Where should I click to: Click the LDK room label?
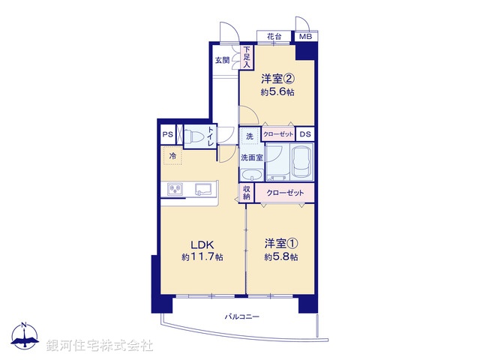[202, 244]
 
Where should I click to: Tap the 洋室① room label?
[281, 244]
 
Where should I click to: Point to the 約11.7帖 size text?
[202, 257]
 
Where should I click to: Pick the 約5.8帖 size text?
[281, 257]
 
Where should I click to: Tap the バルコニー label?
[241, 317]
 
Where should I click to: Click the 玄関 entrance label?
[223, 61]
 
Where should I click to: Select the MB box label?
[306, 37]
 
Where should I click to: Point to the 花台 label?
[274, 37]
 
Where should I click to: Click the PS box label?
[167, 135]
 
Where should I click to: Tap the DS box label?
[304, 134]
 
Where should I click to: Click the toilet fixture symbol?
[194, 137]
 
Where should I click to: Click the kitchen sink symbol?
[203, 189]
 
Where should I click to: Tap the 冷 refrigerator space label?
[172, 156]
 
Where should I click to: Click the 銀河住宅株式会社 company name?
[100, 346]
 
